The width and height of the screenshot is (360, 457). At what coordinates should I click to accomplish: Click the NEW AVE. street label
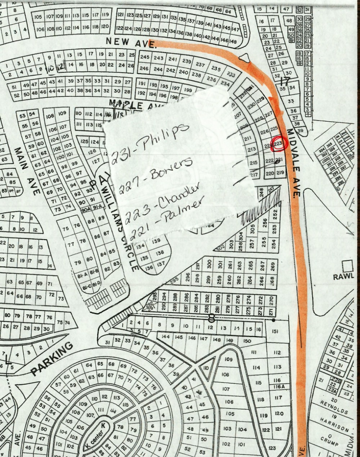click(x=131, y=42)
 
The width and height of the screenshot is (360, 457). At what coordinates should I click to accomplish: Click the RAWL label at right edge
click(x=343, y=277)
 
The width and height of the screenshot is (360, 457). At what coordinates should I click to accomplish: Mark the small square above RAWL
click(x=348, y=265)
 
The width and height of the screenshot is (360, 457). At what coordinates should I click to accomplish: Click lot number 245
click(x=145, y=57)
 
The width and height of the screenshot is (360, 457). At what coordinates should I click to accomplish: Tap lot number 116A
click(x=276, y=386)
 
